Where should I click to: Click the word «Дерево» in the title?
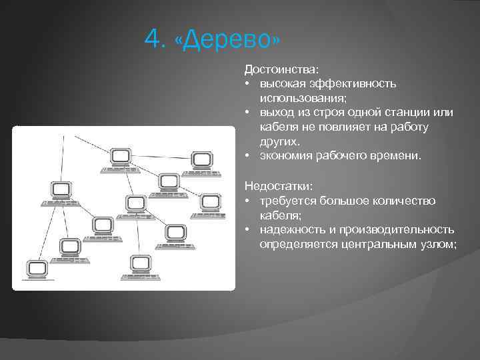pos(227,41)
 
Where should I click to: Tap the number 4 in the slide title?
pos(153,41)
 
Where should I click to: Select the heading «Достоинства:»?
pos(281,69)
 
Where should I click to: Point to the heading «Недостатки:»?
pos(278,186)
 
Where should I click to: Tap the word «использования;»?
pos(301,97)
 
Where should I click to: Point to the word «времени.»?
pos(398,155)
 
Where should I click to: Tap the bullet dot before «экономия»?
pos(247,155)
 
